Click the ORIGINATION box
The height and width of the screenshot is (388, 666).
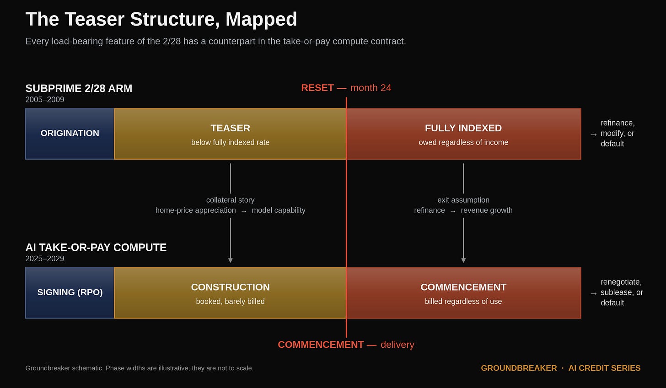coord(70,134)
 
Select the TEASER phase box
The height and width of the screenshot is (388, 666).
coord(230,134)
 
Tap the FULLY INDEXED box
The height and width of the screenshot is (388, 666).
coord(463,134)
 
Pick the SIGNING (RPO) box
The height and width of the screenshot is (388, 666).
coord(70,293)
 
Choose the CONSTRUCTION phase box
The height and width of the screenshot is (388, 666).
coord(230,293)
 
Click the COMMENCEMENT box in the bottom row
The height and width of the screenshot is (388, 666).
coord(463,293)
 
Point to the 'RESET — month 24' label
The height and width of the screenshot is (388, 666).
coord(346,88)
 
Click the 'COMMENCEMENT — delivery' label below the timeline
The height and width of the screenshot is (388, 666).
coord(346,345)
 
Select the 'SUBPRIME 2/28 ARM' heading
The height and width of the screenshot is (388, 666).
coord(79,88)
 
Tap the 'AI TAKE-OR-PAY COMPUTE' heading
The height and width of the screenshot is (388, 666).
coord(96,248)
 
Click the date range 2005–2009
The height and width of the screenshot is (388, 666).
coord(45,100)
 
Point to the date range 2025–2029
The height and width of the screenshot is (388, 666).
coord(45,259)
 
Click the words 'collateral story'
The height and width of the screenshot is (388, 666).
coord(230,200)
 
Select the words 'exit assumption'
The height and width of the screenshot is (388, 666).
coord(463,200)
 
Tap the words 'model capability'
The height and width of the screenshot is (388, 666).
coord(279,210)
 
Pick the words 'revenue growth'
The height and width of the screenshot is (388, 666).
coord(487,210)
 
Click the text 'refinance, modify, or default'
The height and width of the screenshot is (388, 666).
coord(618,133)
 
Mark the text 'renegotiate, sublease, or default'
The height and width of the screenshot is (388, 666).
coord(622,292)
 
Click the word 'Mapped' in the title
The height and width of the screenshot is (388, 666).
coord(261,19)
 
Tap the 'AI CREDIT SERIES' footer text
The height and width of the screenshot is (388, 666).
coord(604,368)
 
